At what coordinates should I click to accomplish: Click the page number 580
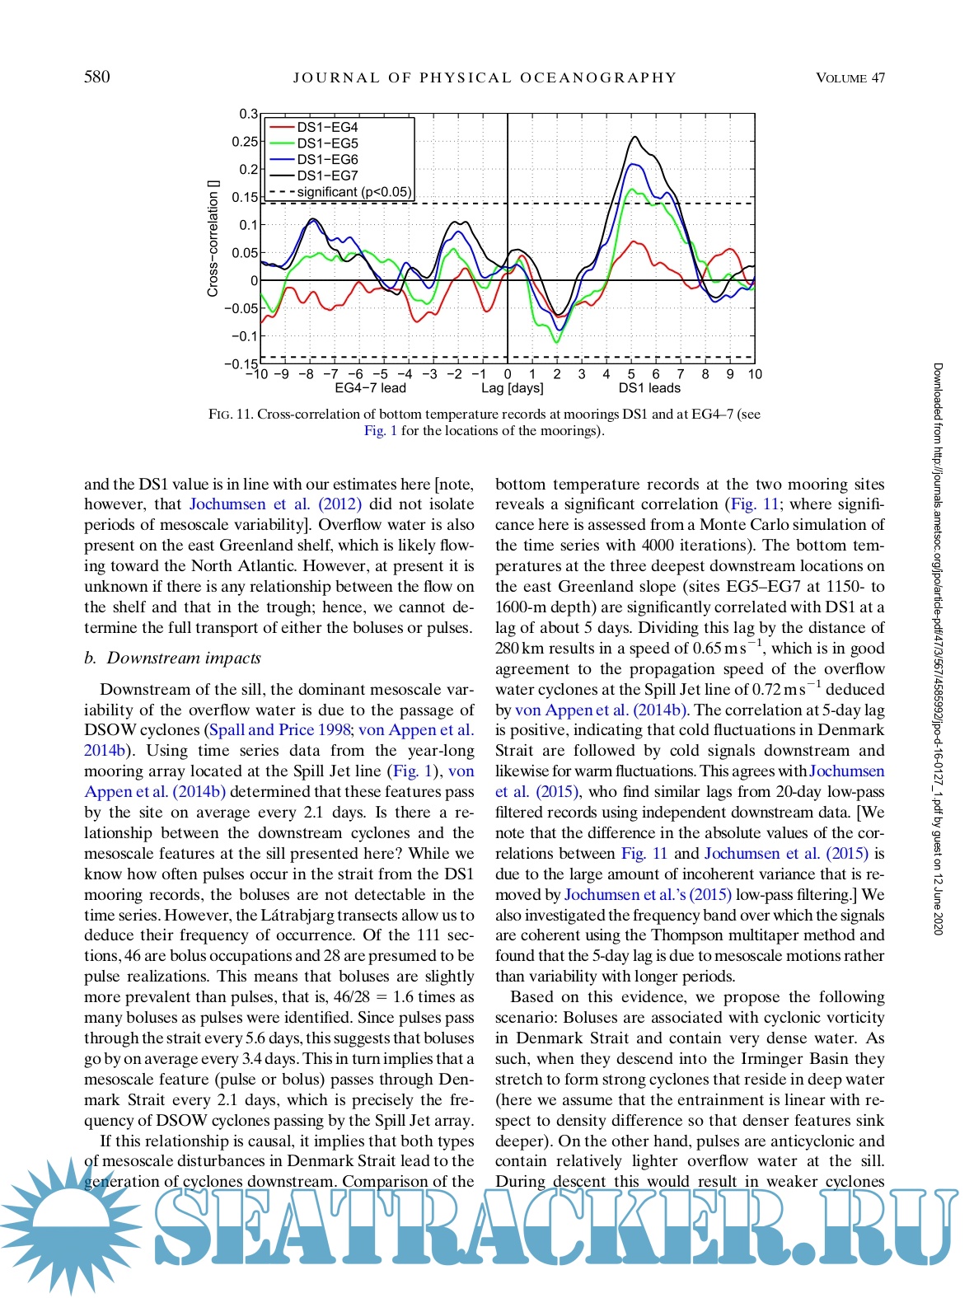point(96,77)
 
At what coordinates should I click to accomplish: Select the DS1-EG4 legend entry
point(327,128)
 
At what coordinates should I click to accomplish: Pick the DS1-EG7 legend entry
point(327,176)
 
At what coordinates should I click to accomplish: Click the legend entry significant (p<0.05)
point(354,192)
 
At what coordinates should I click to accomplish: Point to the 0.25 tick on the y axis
point(245,142)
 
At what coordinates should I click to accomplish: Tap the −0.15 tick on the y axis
point(241,363)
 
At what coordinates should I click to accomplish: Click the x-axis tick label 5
point(631,374)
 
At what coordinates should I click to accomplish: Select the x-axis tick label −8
point(306,374)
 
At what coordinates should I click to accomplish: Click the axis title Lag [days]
point(513,388)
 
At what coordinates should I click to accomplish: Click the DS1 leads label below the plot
point(649,388)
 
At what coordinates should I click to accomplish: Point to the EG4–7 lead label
point(370,388)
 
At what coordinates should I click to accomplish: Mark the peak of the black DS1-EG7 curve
point(634,138)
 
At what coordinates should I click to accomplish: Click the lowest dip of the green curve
point(556,341)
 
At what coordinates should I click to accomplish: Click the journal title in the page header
point(485,77)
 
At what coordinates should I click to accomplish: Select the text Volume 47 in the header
point(850,77)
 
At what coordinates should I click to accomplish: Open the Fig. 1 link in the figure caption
point(381,431)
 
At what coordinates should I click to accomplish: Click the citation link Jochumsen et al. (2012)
point(274,504)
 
